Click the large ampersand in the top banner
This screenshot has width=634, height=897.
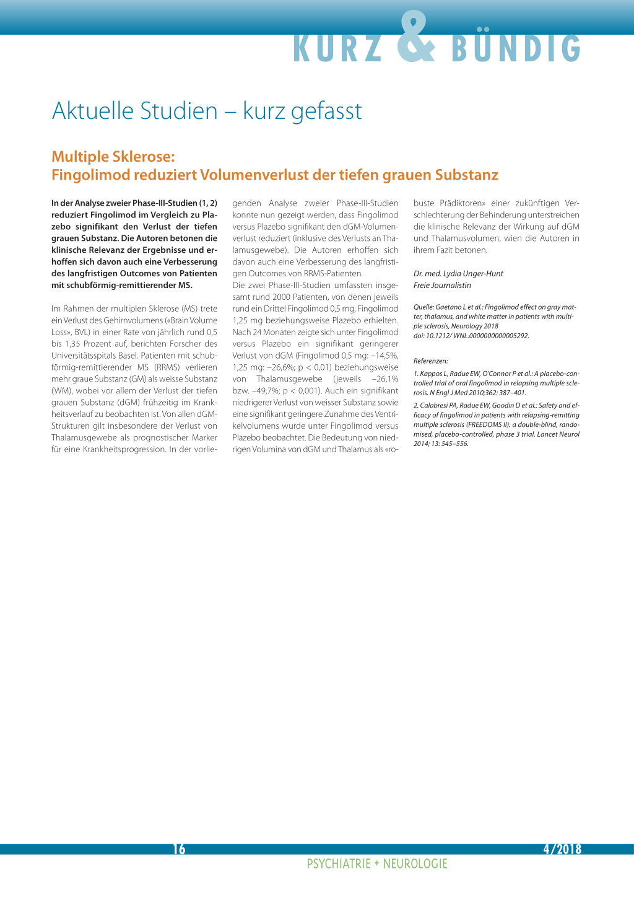coord(416,38)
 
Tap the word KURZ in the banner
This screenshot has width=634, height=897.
coord(337,48)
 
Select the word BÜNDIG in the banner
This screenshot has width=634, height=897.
coord(516,48)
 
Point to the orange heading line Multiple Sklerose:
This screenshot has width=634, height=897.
coord(113,157)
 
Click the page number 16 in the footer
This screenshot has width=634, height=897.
coord(179,849)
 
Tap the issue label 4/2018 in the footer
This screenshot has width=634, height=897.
coord(562,849)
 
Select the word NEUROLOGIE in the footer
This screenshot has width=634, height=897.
coord(415,864)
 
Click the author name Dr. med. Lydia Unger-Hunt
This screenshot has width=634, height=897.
coord(458,274)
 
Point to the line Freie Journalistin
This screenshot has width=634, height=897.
coord(442,286)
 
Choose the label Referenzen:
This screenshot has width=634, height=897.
coord(430,361)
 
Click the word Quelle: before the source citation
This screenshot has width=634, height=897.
coord(423,307)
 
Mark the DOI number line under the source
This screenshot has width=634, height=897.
coord(471,336)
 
